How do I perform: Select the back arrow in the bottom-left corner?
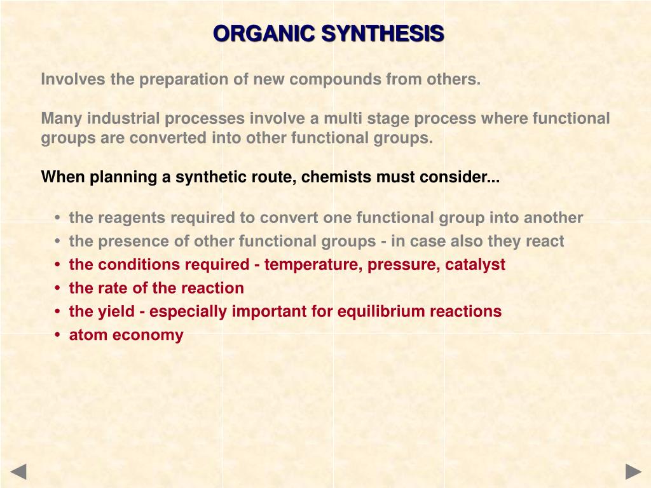[18, 471]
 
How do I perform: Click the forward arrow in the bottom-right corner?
[633, 471]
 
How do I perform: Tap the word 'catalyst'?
[476, 265]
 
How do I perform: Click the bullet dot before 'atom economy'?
[58, 335]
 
